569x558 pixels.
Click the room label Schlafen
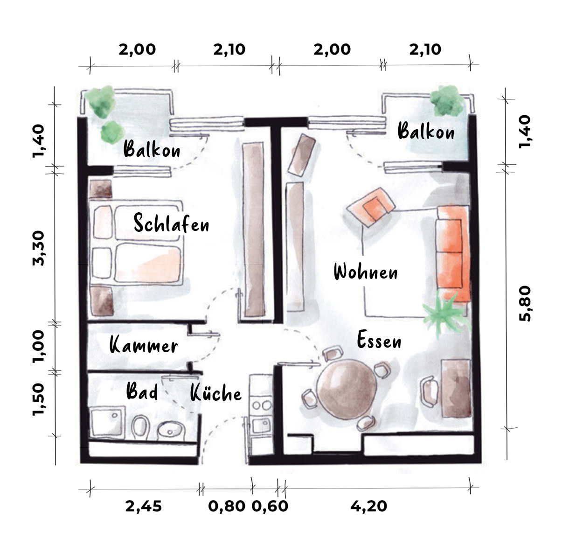[172, 223]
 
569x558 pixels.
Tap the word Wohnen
[366, 272]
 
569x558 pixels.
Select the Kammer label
[144, 345]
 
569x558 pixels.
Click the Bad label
[142, 391]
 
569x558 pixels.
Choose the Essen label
[379, 340]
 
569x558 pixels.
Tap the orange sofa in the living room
[453, 254]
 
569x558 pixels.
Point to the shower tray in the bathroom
[107, 421]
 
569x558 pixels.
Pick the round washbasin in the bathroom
[171, 431]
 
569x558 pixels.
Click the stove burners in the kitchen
[262, 405]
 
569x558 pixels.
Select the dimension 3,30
[38, 248]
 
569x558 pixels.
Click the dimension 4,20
[368, 506]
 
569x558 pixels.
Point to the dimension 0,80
[227, 506]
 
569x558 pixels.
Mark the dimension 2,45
[144, 506]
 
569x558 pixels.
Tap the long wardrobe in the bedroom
[254, 230]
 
